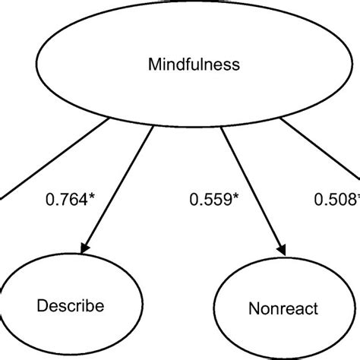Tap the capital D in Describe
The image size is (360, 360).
point(41,306)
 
